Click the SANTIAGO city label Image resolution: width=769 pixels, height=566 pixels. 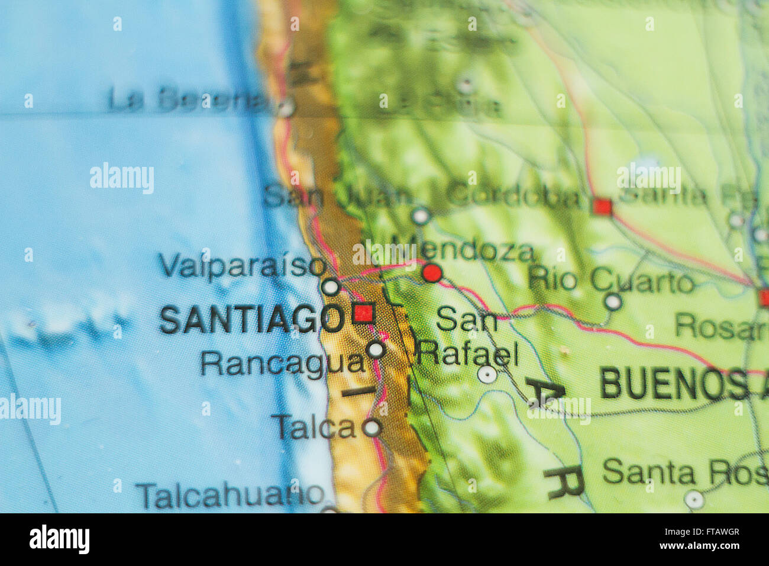(x=251, y=319)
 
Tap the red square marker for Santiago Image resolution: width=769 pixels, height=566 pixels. (x=363, y=313)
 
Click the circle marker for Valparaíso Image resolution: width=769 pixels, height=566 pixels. (x=331, y=287)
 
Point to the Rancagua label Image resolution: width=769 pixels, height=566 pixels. (x=283, y=362)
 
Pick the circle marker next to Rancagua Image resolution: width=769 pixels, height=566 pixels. (x=376, y=349)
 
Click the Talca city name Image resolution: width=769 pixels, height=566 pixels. (x=314, y=426)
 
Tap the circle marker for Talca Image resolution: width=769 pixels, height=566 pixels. (x=371, y=427)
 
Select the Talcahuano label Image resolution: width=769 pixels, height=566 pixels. (x=231, y=494)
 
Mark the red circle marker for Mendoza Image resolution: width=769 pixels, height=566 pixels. (x=432, y=273)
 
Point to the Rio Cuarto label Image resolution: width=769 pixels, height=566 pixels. (x=610, y=280)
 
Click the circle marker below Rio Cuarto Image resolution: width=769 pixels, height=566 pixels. (x=613, y=302)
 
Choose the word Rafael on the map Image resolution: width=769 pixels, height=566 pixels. (x=467, y=353)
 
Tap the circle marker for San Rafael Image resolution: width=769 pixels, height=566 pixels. (x=487, y=374)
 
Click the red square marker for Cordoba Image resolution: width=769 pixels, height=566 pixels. (x=603, y=207)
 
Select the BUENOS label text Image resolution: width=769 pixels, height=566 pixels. (x=674, y=384)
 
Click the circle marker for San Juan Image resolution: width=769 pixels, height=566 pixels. (x=421, y=216)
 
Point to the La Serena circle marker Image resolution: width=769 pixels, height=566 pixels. (x=287, y=108)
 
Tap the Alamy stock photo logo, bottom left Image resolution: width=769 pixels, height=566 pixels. (x=60, y=539)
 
